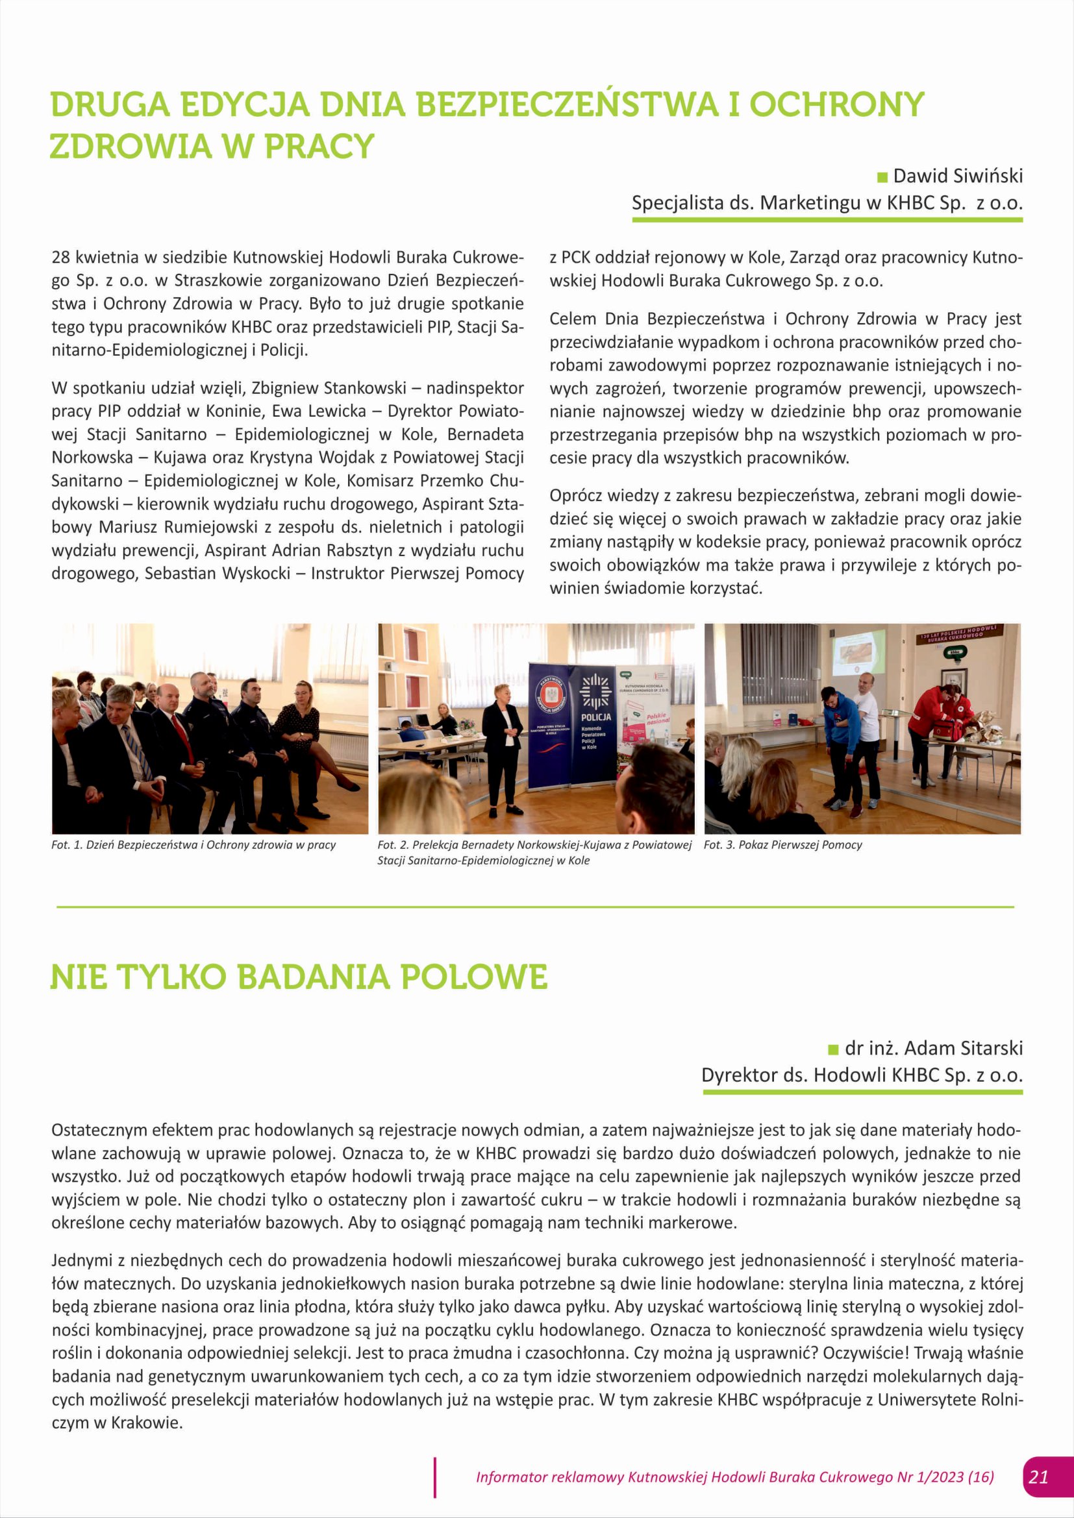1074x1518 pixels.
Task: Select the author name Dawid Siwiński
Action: pyautogui.click(x=958, y=176)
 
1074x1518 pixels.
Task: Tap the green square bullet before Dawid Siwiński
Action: pyautogui.click(x=882, y=177)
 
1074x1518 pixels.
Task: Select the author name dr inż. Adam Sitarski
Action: pyautogui.click(x=933, y=1048)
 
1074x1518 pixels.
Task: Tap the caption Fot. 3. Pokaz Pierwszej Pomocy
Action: pyautogui.click(x=782, y=845)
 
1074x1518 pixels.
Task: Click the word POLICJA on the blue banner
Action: pyautogui.click(x=596, y=716)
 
